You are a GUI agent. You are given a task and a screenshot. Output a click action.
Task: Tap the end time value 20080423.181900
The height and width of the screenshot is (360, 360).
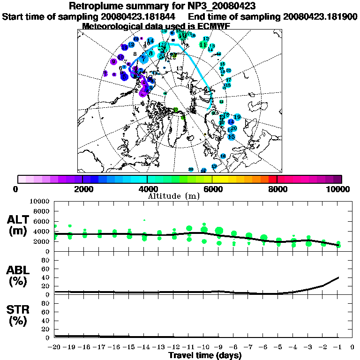click(320, 16)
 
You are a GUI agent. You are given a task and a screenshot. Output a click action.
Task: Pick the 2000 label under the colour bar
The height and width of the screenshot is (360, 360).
click(82, 189)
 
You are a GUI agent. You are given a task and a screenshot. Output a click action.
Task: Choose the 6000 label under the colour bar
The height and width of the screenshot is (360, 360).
click(212, 189)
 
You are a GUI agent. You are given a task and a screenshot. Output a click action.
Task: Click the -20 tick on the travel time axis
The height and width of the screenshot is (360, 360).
click(55, 347)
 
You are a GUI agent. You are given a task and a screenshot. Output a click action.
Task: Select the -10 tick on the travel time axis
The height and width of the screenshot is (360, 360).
click(204, 347)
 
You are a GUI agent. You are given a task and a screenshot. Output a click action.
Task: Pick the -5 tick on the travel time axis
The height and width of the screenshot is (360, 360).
click(278, 347)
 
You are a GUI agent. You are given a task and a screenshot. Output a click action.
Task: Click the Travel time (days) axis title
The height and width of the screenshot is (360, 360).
click(205, 355)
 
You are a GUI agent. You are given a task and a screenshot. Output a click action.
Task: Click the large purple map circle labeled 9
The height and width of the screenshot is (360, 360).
click(114, 62)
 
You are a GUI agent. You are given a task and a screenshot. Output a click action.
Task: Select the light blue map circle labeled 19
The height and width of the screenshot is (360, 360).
click(237, 117)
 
